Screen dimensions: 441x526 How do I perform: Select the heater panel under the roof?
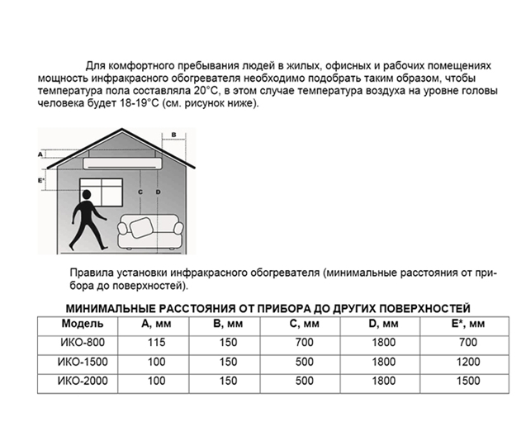pos(123,154)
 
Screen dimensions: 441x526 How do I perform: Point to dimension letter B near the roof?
pos(173,133)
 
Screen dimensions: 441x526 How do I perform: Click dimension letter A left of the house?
pos(40,154)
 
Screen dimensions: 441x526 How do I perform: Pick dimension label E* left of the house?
pos(40,178)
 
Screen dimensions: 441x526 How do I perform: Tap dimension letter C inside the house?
pos(141,192)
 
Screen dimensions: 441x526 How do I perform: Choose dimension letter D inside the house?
pos(157,192)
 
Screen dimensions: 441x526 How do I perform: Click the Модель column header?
pos(81,323)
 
